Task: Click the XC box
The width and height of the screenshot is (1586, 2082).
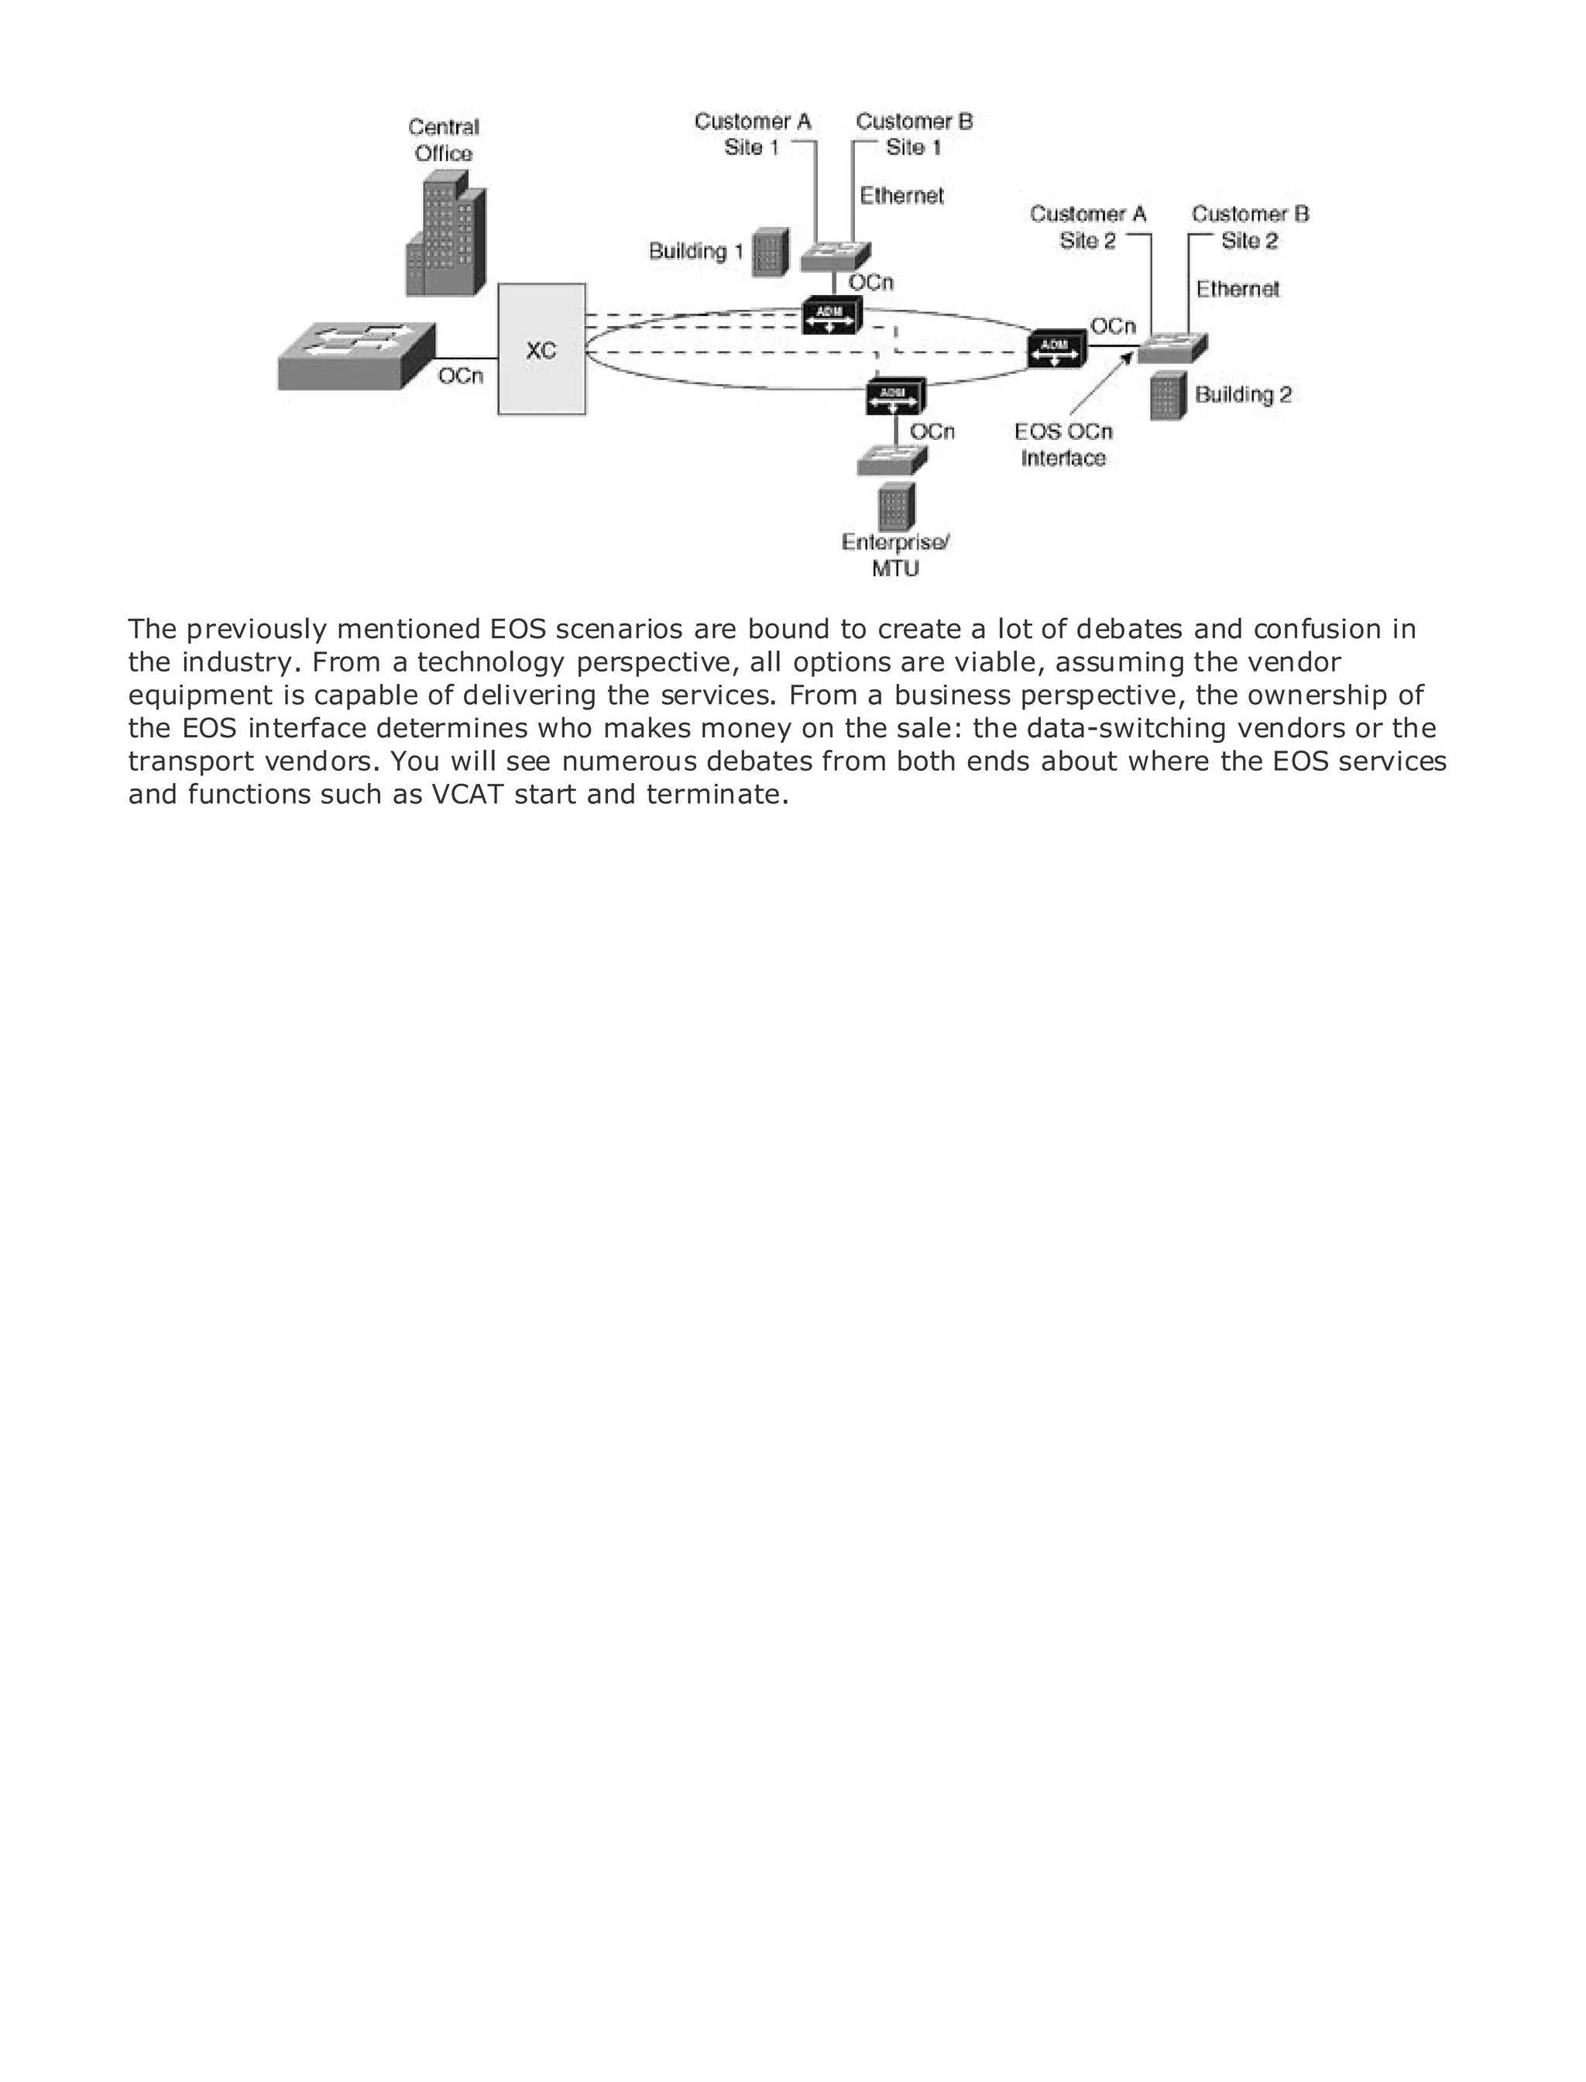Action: coord(541,349)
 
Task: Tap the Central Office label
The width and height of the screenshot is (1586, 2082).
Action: coord(444,139)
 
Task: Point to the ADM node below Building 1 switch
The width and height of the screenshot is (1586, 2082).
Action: coord(831,316)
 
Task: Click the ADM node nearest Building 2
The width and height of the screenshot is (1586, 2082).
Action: coord(1056,349)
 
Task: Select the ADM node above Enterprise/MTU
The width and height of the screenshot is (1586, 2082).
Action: coord(894,396)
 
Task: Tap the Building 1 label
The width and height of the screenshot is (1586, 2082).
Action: coord(695,251)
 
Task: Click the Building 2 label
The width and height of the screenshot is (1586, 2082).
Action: coord(1242,395)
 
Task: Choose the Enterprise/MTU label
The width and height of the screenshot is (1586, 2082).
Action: coord(895,555)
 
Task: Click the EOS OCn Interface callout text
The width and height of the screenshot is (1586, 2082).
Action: coord(1063,445)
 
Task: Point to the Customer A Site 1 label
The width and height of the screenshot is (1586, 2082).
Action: coord(753,134)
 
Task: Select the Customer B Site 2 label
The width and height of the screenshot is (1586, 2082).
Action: coord(1249,227)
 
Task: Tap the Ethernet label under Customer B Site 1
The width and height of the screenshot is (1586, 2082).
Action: coord(901,195)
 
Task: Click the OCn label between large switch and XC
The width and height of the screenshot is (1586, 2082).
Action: coord(461,376)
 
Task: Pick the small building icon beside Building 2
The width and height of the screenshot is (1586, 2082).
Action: coord(1168,396)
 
